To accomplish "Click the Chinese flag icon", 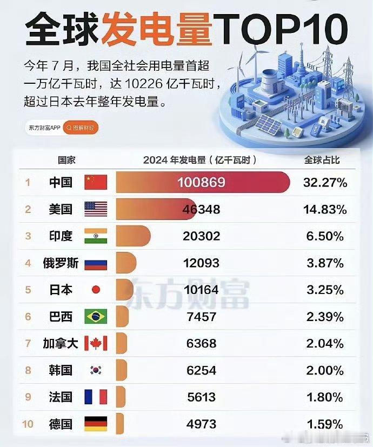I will coord(96,182).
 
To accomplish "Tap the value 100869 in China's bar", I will coord(201,183).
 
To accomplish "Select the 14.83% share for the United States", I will coord(325,209).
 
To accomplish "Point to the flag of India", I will coord(96,236).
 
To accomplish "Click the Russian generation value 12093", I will coord(201,263).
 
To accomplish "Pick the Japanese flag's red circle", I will coord(96,290).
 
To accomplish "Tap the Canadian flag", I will coord(96,343).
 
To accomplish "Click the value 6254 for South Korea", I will coord(201,370).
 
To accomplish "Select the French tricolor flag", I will coord(96,397).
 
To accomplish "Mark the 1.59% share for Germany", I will coord(325,424).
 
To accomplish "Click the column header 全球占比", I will coord(322,160).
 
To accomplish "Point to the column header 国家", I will coord(66,160).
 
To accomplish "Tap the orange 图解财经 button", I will coord(81,128).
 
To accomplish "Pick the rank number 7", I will coord(28,344).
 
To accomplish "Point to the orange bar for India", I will coord(132,236).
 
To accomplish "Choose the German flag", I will coord(96,424).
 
